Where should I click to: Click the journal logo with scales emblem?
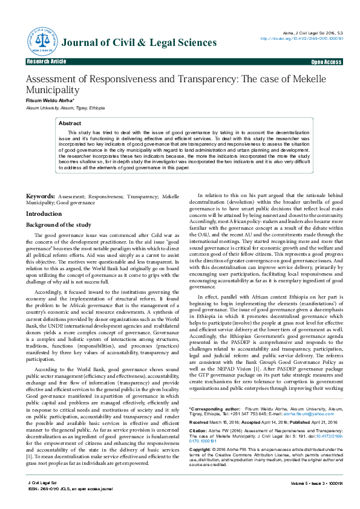tap(42, 41)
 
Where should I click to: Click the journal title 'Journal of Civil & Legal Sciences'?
tap(139, 42)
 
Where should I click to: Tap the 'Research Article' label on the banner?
tap(47, 62)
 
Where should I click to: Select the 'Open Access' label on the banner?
tap(326, 62)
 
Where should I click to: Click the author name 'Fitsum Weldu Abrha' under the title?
tap(50, 100)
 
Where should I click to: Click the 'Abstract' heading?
tap(70, 123)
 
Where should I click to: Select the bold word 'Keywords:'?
tap(41, 197)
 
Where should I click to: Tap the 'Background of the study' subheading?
tap(58, 225)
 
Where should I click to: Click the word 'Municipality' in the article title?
tap(53, 90)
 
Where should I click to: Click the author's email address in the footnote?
tap(314, 414)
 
